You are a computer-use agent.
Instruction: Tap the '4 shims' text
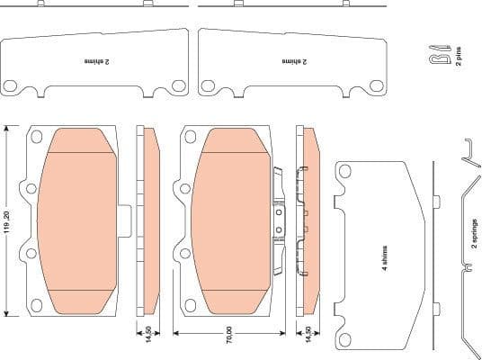384,261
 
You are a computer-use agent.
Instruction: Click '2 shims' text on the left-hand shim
96,63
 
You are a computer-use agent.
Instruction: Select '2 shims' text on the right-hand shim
294,63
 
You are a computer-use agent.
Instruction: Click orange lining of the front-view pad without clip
78,220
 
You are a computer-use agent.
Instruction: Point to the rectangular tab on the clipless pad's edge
126,220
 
